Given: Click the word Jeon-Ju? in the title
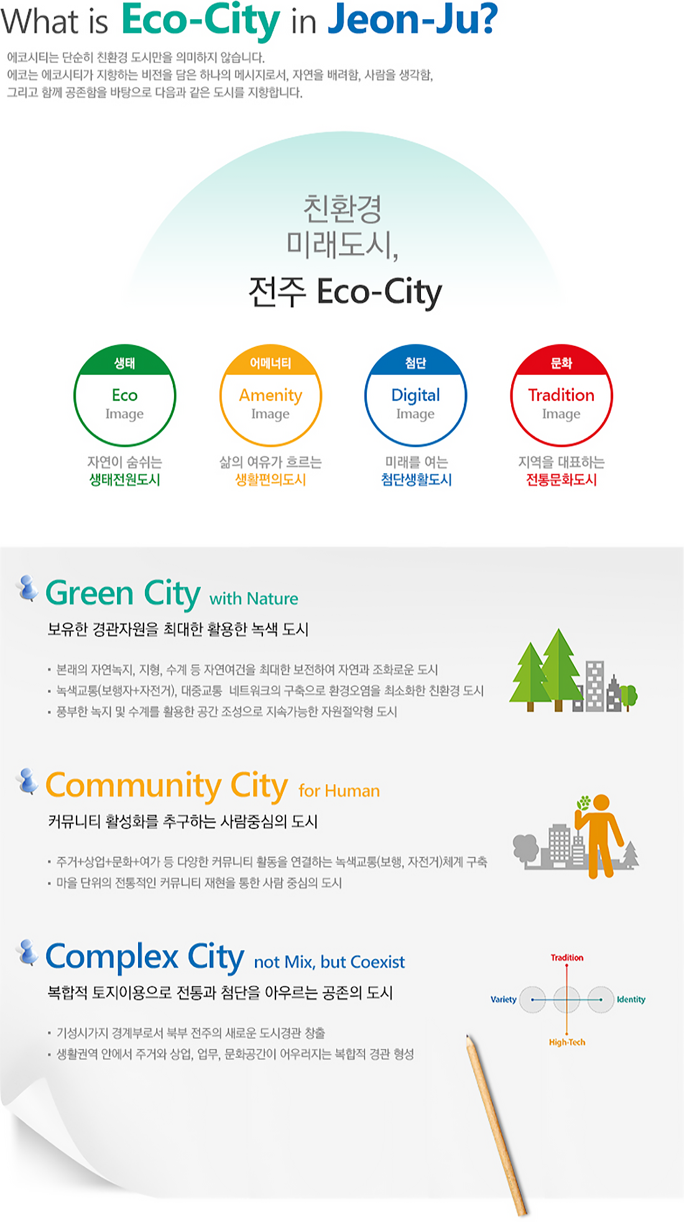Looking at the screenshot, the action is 413,20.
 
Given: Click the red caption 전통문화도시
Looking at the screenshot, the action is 562,480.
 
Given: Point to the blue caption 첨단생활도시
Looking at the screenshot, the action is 416,480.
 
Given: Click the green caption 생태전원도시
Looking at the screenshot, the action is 125,480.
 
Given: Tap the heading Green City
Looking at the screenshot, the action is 123,593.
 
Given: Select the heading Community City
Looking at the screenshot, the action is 167,786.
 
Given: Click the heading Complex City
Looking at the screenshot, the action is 145,957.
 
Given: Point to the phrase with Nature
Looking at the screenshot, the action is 254,599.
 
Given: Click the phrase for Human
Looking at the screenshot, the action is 339,791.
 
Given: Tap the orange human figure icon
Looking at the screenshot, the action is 599,836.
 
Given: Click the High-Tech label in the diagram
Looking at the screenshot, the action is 567,1042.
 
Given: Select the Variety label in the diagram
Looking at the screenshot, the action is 504,999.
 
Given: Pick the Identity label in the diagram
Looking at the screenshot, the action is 631,999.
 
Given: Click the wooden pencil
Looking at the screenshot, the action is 496,1124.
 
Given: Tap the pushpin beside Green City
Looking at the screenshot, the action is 27,588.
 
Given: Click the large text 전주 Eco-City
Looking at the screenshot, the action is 345,292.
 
